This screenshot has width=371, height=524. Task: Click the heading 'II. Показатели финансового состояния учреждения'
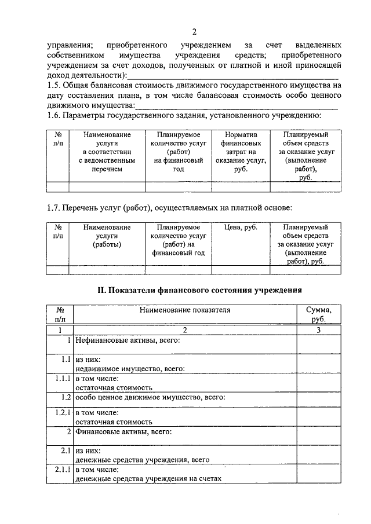pos(194,289)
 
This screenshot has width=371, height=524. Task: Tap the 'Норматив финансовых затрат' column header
pos(240,152)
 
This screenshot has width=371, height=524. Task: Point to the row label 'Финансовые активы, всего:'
pos(123,431)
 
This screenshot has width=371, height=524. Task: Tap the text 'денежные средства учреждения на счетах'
pos(148,479)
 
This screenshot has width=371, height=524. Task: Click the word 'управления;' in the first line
pos(68,45)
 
